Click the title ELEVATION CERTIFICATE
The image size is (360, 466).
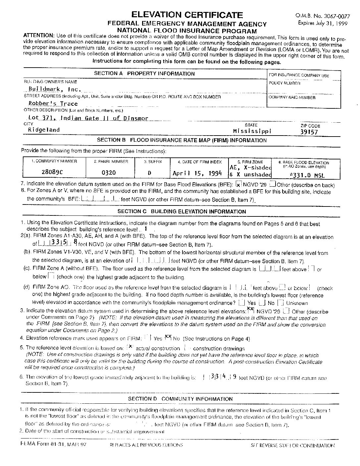(x=187, y=15)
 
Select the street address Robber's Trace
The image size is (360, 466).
(x=48, y=103)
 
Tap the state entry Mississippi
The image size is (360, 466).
(x=252, y=131)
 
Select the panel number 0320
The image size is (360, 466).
(x=108, y=173)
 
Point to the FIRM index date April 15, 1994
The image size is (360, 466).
(x=197, y=173)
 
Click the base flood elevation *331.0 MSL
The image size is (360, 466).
(x=307, y=175)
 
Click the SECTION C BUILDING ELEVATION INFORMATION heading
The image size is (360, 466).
(x=182, y=211)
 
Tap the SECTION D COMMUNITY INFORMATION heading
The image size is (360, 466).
(x=180, y=399)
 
